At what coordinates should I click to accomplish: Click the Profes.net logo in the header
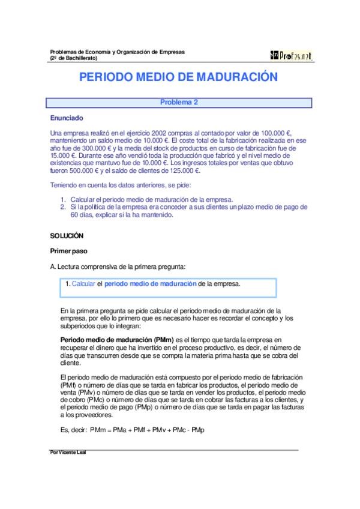(x=292, y=55)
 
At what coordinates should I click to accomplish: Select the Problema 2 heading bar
(x=179, y=102)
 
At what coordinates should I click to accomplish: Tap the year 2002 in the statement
(x=151, y=133)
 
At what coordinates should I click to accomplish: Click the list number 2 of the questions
(x=63, y=207)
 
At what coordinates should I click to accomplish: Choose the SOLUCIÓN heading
(x=67, y=236)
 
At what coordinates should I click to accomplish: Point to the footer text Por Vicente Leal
(x=68, y=451)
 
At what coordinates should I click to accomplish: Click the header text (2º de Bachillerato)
(x=73, y=58)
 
